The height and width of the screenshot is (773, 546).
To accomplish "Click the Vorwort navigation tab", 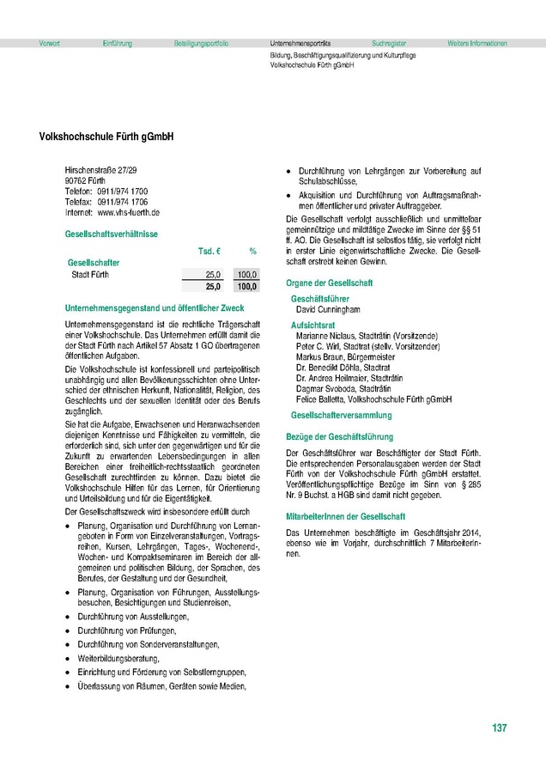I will pos(50,43).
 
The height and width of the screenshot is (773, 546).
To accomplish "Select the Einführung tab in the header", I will pos(117,43).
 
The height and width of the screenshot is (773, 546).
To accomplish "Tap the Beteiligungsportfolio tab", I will pos(201,43).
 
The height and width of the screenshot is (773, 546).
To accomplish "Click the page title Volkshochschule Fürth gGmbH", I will pos(106,137).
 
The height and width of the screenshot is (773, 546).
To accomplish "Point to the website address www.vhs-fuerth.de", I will pos(129,211).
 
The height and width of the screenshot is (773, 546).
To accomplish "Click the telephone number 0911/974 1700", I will pos(122,191).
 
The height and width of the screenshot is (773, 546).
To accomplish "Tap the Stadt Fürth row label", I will pos(90,275).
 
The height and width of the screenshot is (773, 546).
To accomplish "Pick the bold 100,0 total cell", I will pos(246,286).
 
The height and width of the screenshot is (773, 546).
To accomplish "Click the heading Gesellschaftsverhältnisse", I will pos(110,234).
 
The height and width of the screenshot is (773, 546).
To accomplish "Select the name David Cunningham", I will pos(328,309).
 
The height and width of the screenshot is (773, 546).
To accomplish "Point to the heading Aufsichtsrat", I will pos(312,326).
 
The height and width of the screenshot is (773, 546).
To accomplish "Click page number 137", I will pos(500,728).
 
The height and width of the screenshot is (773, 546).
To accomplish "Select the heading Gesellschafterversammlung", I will pos(342,415).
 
